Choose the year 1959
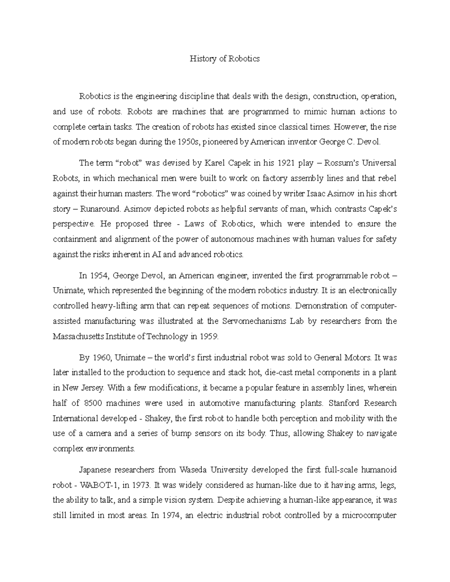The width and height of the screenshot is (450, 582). tap(208, 336)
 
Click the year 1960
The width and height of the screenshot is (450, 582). tap(101, 358)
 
